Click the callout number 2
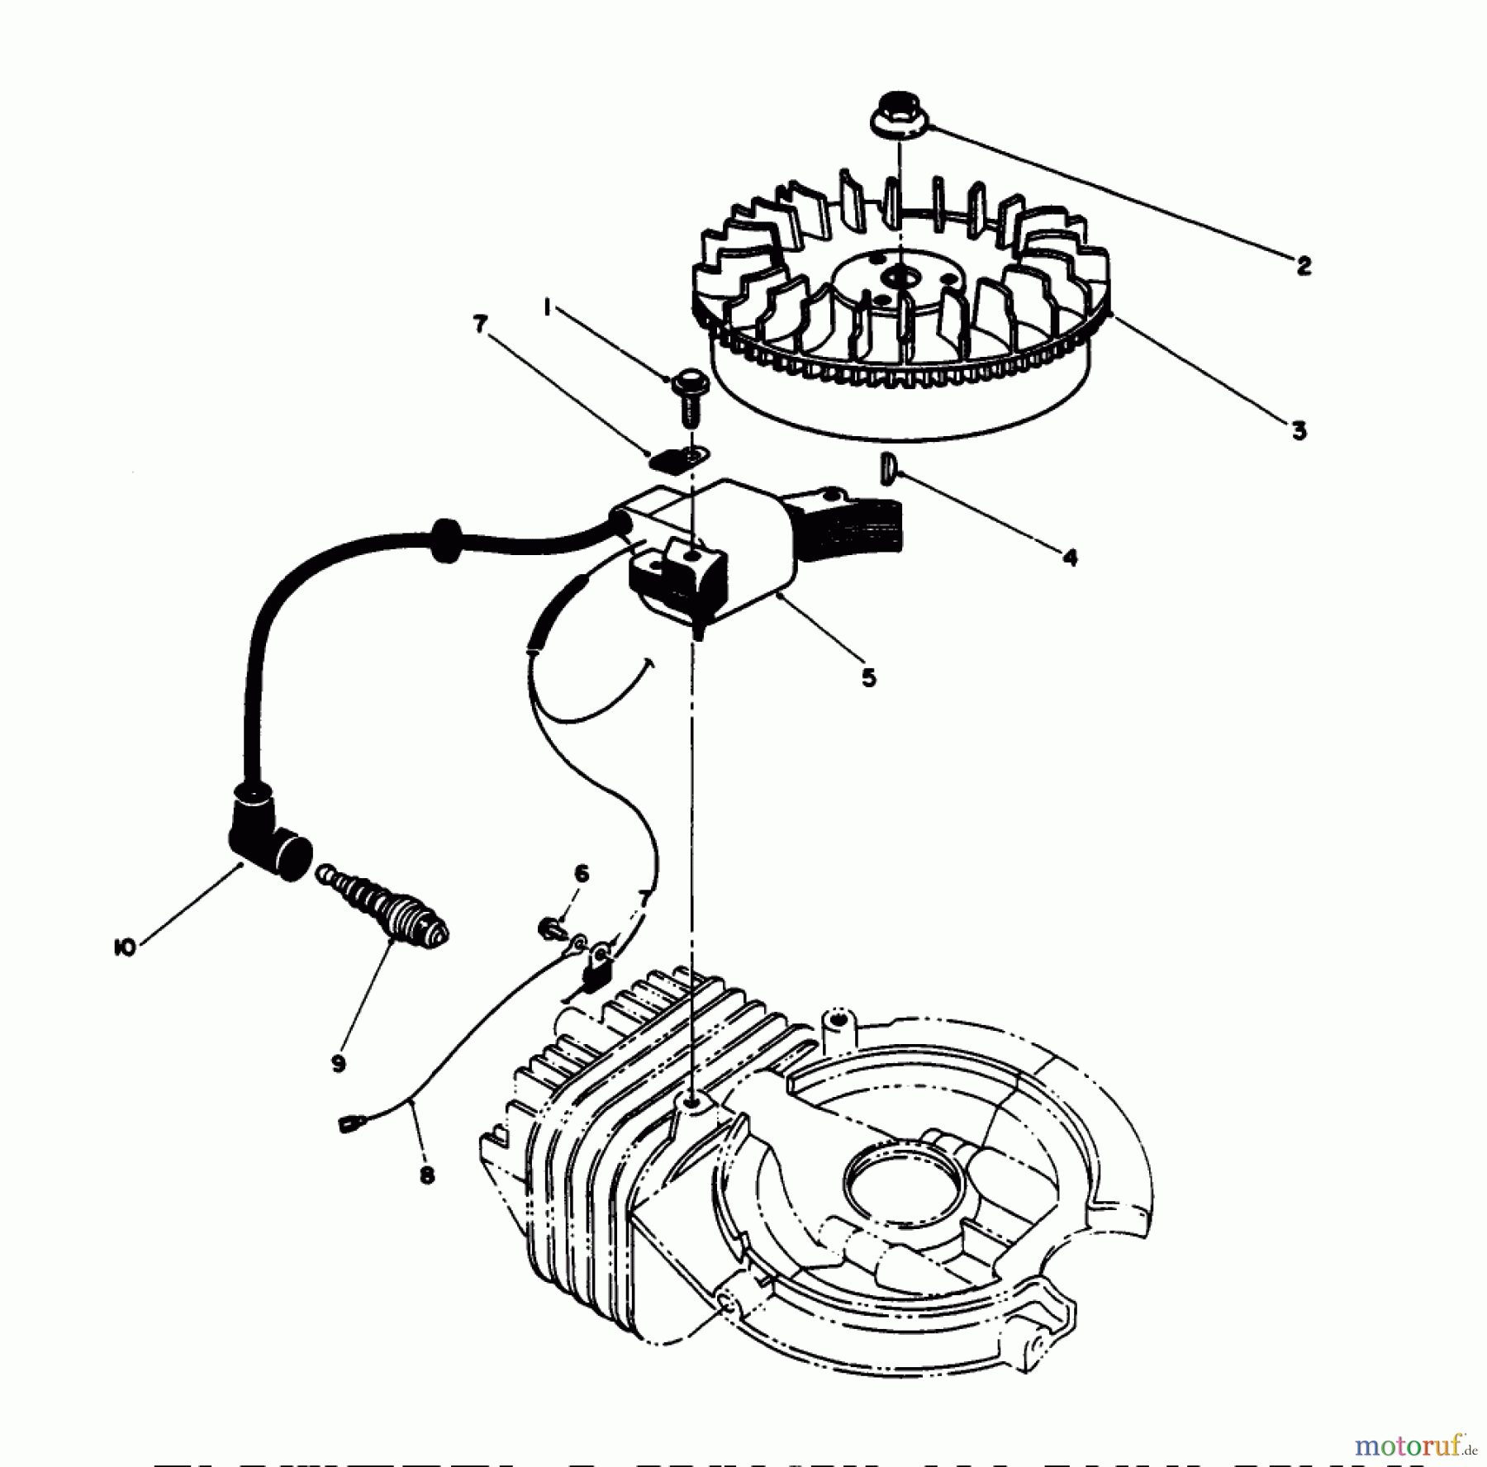pos(1304,266)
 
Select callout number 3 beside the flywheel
pos(1299,431)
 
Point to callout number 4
pos(1070,558)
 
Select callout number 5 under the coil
pos(868,678)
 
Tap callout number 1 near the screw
pos(547,307)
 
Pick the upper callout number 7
pos(481,325)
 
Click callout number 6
pos(582,873)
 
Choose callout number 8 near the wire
pos(427,1175)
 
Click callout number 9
pos(338,1065)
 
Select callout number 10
pos(125,948)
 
